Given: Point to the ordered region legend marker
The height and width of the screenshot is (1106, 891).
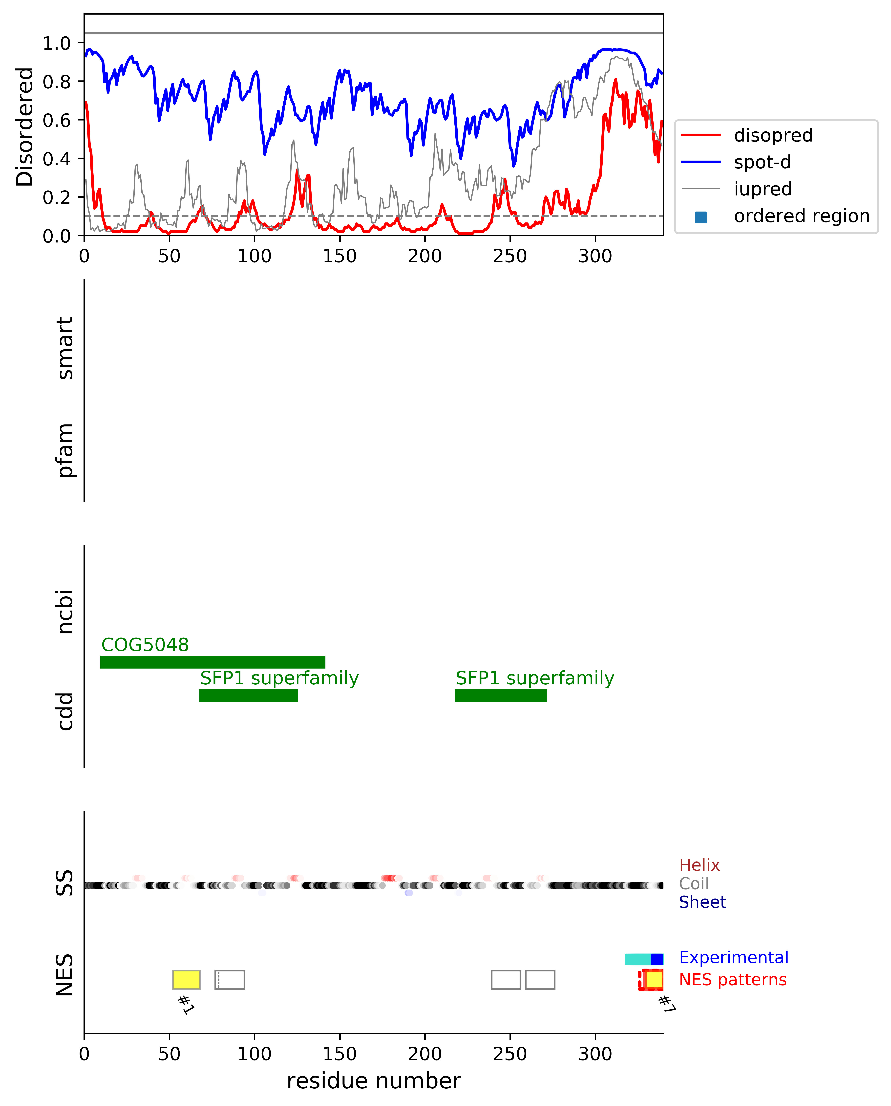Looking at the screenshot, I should pos(701,217).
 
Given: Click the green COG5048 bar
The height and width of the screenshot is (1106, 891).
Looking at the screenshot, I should pos(212,662).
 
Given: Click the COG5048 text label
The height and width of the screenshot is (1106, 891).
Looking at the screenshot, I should pos(145,645).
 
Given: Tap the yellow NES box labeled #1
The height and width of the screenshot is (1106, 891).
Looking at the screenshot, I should pos(186,980).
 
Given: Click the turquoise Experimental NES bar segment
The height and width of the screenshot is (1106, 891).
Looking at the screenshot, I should pos(637,959).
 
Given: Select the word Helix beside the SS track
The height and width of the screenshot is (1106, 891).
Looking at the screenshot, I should pos(699,865).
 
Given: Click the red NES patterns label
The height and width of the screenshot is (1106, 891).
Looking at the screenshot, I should pos(732,980).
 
